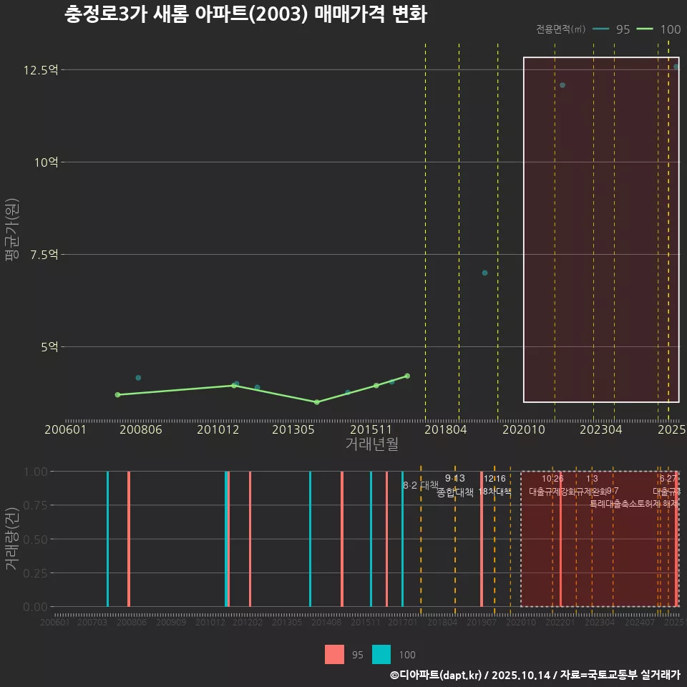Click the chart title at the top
point(245,15)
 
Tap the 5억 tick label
point(48,347)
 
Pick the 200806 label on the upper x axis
point(142,430)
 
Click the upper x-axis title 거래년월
point(371,444)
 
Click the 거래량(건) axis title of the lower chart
point(11,539)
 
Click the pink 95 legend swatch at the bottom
point(334,654)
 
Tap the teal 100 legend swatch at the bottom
point(381,654)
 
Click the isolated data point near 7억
point(484,273)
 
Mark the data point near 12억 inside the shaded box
point(562,85)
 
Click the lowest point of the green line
point(316,402)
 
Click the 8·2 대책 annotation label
point(420,485)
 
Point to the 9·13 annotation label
point(454,479)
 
